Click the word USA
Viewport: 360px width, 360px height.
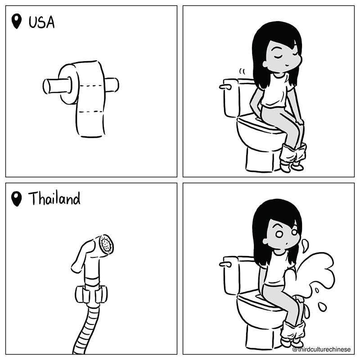pyautogui.click(x=41, y=22)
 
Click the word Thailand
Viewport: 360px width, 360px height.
pyautogui.click(x=54, y=198)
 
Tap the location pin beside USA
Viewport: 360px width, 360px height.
pyautogui.click(x=17, y=21)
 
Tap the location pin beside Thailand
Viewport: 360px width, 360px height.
pyautogui.click(x=16, y=199)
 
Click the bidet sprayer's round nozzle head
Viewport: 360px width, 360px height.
pyautogui.click(x=106, y=244)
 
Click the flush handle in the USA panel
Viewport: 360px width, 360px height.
pyautogui.click(x=225, y=86)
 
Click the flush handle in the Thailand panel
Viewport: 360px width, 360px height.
pyautogui.click(x=225, y=264)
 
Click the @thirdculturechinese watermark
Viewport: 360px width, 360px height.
pyautogui.click(x=321, y=349)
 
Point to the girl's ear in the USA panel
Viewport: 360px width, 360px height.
pyautogui.click(x=265, y=64)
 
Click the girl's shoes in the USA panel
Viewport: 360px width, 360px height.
pyautogui.click(x=292, y=166)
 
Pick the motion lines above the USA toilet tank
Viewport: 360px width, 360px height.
pyautogui.click(x=242, y=72)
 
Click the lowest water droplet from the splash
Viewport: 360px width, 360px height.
pyautogui.click(x=322, y=307)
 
